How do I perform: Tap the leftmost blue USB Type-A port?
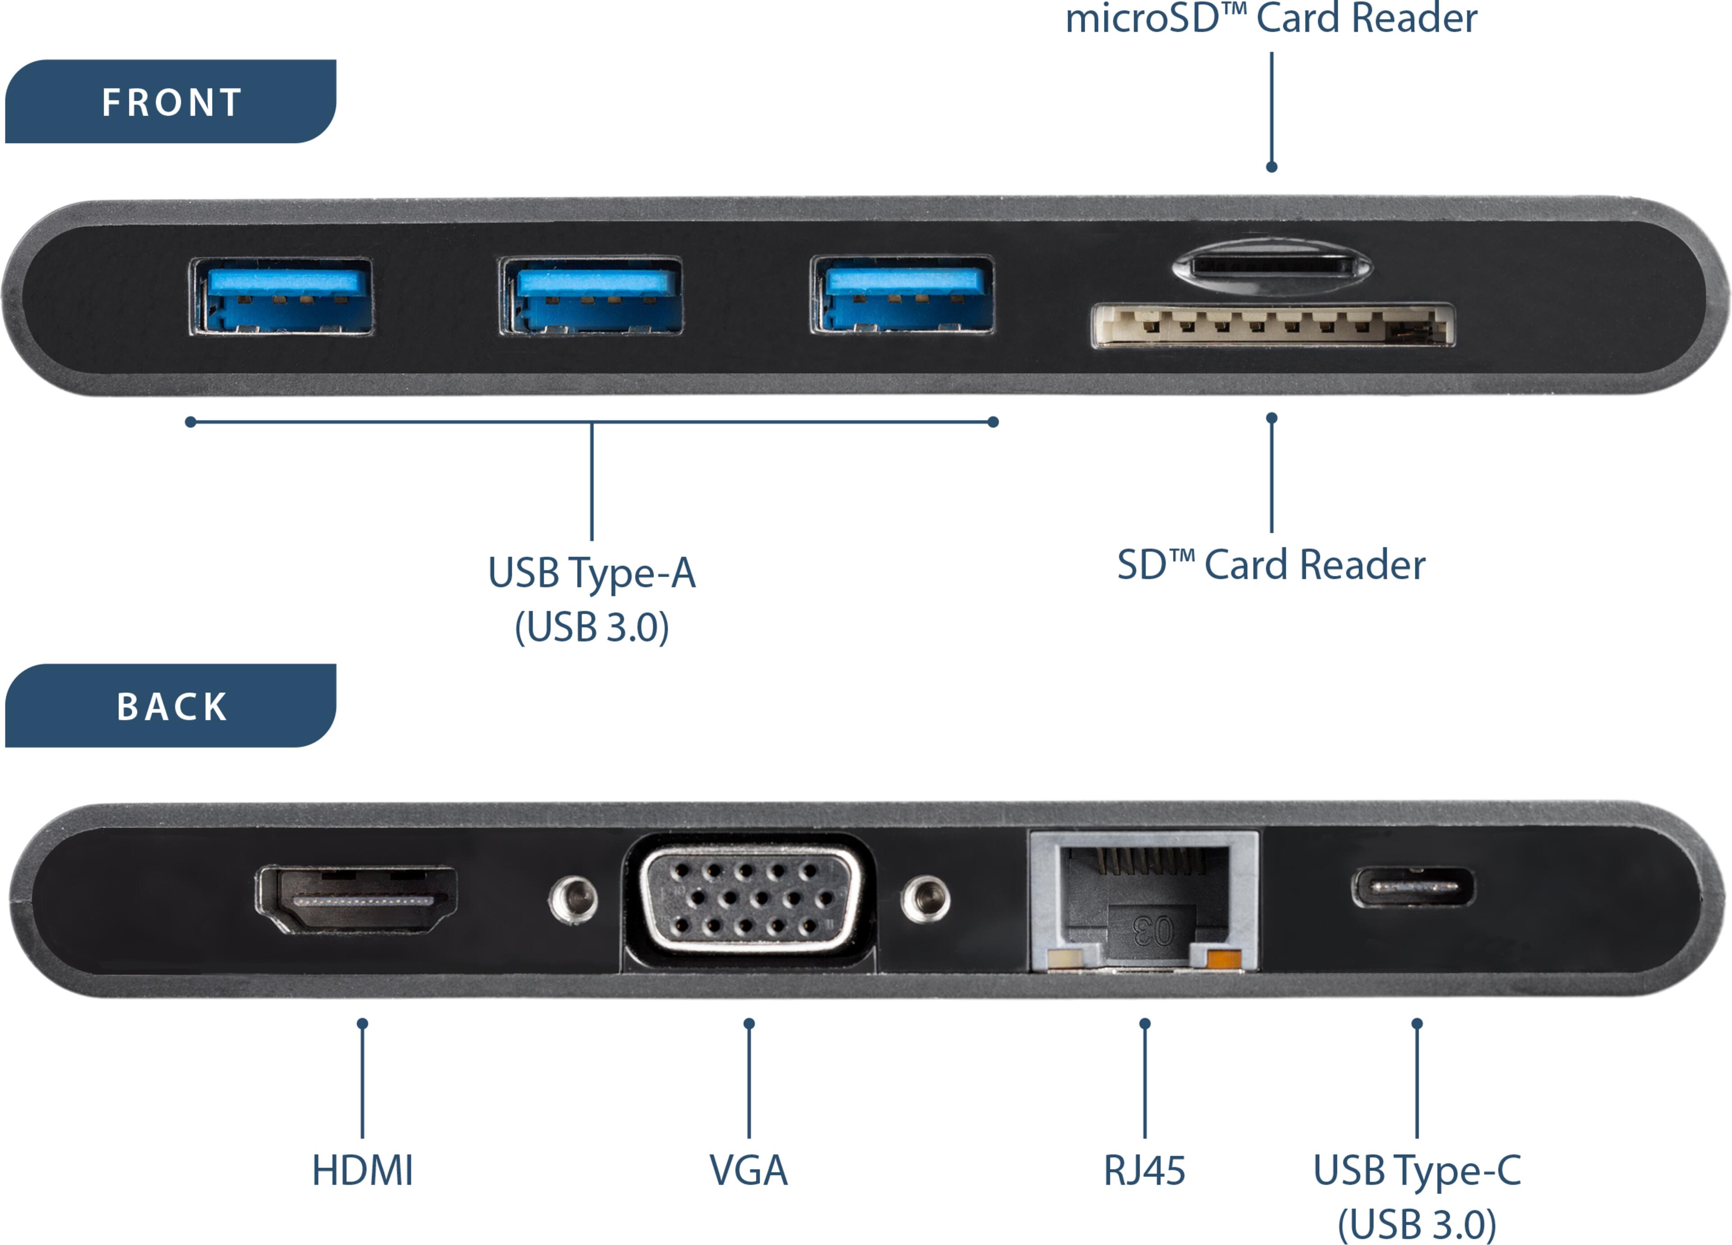click(282, 296)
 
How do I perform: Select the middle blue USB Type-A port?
click(590, 296)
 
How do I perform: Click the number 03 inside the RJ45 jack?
click(1153, 931)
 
